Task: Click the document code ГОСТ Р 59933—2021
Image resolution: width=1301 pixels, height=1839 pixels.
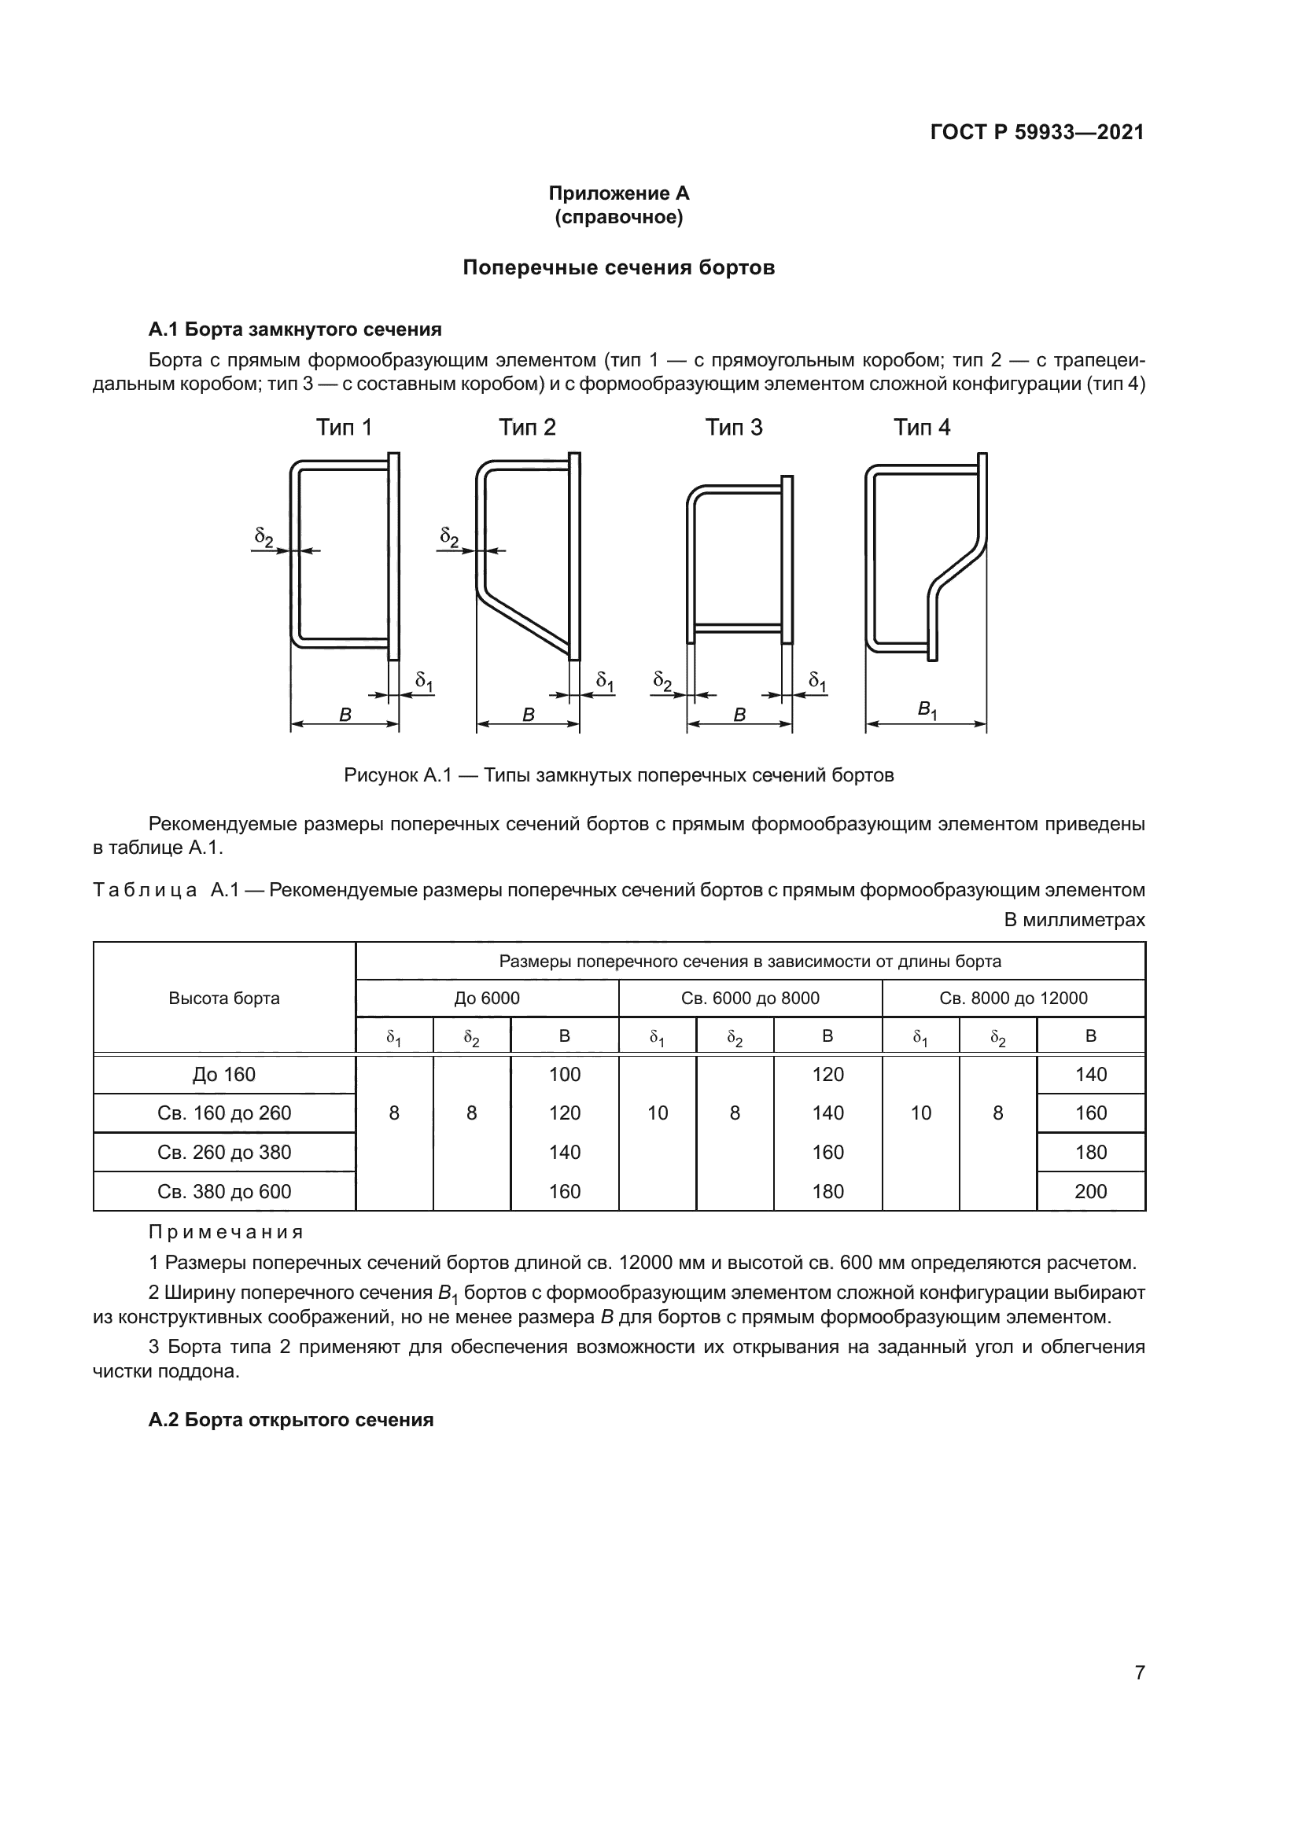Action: pos(1037,132)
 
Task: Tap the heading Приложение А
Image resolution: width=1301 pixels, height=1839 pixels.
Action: pos(618,193)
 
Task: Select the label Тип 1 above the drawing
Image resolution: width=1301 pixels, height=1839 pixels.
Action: pos(344,428)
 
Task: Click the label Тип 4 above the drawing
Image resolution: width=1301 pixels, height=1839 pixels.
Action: pos(921,428)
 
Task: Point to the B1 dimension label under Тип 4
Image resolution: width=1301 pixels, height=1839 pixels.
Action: pos(927,710)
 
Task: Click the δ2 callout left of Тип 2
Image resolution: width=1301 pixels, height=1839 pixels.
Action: pos(448,537)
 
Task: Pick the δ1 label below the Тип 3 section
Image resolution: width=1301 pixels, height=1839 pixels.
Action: pos(817,682)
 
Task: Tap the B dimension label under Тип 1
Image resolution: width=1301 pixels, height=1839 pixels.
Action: pos(345,715)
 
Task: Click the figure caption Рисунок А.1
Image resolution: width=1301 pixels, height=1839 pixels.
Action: pos(618,775)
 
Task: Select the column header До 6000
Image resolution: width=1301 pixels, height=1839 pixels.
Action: pos(487,998)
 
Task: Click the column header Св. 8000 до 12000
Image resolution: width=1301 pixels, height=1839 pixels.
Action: pos(1013,998)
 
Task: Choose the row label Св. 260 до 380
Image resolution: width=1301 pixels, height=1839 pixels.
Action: pos(224,1152)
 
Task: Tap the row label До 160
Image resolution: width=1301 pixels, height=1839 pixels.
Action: pos(224,1075)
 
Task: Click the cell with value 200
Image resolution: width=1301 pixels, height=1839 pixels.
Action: pos(1090,1191)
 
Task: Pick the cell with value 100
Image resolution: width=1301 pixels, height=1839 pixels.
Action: pos(564,1075)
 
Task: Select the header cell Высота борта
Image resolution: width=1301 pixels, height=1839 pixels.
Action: pos(224,998)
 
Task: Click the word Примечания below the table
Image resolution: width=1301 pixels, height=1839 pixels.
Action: pos(226,1232)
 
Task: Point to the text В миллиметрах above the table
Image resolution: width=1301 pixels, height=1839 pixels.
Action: pos(1074,921)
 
